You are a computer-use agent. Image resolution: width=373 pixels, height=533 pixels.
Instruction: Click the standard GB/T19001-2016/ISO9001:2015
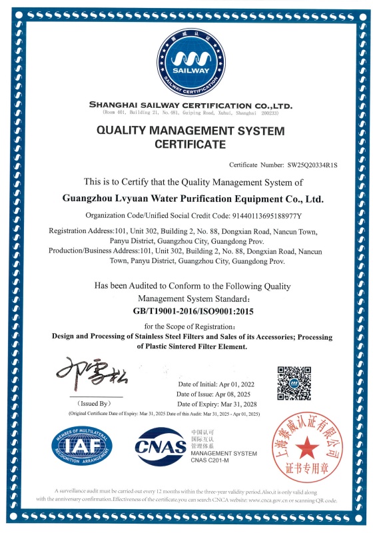[189, 311]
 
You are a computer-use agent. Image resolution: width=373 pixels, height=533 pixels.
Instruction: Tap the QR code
[294, 383]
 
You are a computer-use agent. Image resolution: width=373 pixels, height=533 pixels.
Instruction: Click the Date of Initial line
[216, 385]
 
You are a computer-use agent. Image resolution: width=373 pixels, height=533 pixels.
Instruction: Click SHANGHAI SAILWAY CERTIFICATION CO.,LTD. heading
[190, 106]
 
